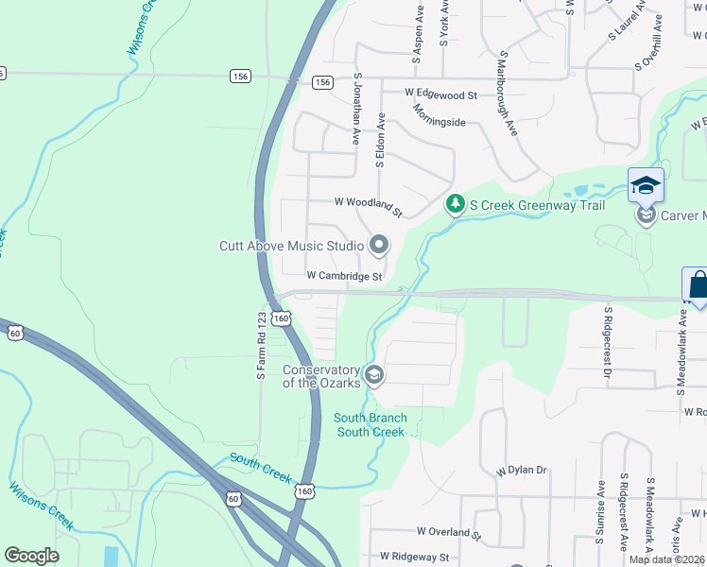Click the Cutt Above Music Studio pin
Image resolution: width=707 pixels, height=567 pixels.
click(379, 246)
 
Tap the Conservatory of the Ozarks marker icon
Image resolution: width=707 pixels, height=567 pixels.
click(373, 376)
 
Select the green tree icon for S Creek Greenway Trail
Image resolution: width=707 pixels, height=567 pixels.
click(456, 203)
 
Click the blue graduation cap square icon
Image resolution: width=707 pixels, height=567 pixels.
click(646, 185)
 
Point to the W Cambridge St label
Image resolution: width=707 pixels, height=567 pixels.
click(344, 276)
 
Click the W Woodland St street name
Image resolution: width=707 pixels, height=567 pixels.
click(369, 202)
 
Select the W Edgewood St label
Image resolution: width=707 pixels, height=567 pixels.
click(440, 94)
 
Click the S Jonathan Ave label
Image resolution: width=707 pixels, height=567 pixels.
click(357, 110)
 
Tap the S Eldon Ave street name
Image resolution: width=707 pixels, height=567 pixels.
click(380, 141)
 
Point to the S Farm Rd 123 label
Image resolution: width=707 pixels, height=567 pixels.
click(262, 347)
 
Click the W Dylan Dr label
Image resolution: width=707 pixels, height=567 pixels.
click(522, 470)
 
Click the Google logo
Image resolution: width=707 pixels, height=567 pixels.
click(32, 555)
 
